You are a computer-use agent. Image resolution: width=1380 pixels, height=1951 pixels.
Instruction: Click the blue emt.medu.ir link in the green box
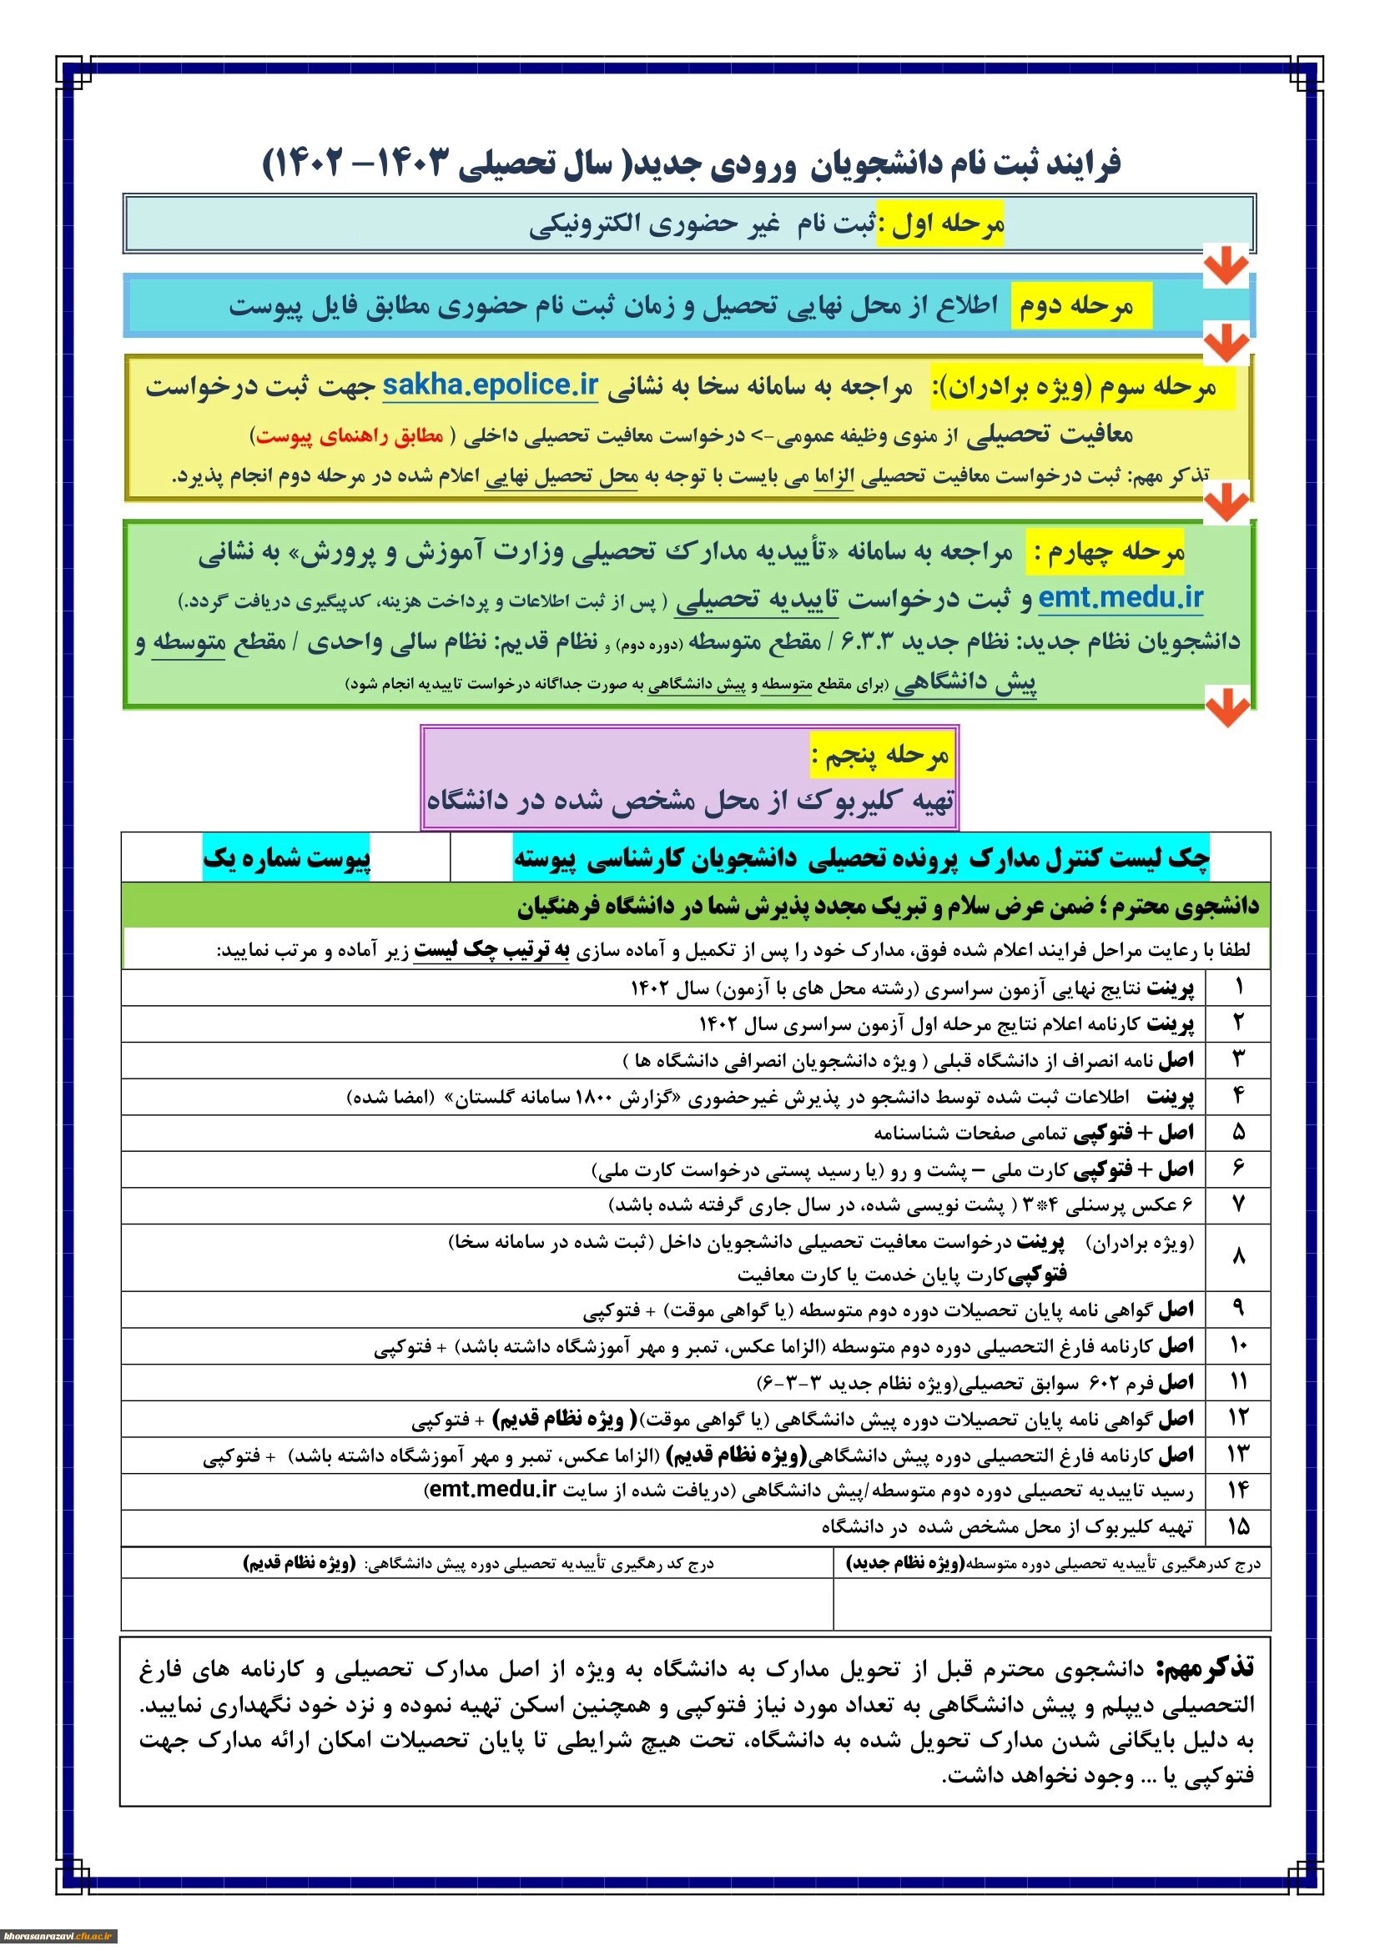point(1120,597)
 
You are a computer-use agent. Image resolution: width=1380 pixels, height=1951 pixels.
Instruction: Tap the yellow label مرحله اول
point(939,224)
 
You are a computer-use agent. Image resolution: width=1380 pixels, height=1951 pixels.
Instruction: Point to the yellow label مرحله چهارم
point(1106,552)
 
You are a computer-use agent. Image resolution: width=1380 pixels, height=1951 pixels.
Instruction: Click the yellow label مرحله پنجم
point(880,755)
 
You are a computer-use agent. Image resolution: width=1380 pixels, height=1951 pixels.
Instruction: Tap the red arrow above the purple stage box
point(1228,709)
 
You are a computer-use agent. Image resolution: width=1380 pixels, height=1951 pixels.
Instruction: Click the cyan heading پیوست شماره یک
point(286,858)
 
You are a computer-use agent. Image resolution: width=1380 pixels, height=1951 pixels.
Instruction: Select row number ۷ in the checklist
point(1238,1204)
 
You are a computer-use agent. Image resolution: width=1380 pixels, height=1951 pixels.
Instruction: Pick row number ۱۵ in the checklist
point(1238,1526)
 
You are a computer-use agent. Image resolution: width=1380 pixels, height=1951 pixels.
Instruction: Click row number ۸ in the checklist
point(1238,1256)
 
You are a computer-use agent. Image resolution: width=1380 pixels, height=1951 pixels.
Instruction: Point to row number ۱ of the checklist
point(1238,988)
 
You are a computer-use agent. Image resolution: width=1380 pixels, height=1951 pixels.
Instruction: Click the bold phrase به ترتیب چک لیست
point(491,950)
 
